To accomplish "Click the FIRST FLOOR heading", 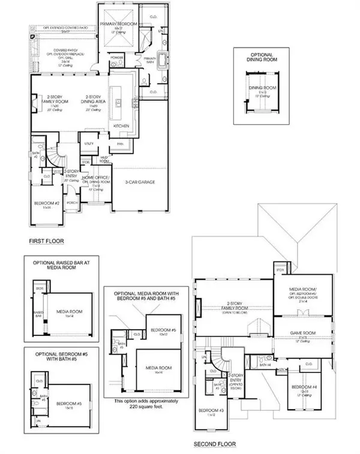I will click(47, 241).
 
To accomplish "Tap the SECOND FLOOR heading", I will click(214, 444).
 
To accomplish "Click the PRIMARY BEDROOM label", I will click(120, 24).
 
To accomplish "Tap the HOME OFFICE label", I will click(94, 178).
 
